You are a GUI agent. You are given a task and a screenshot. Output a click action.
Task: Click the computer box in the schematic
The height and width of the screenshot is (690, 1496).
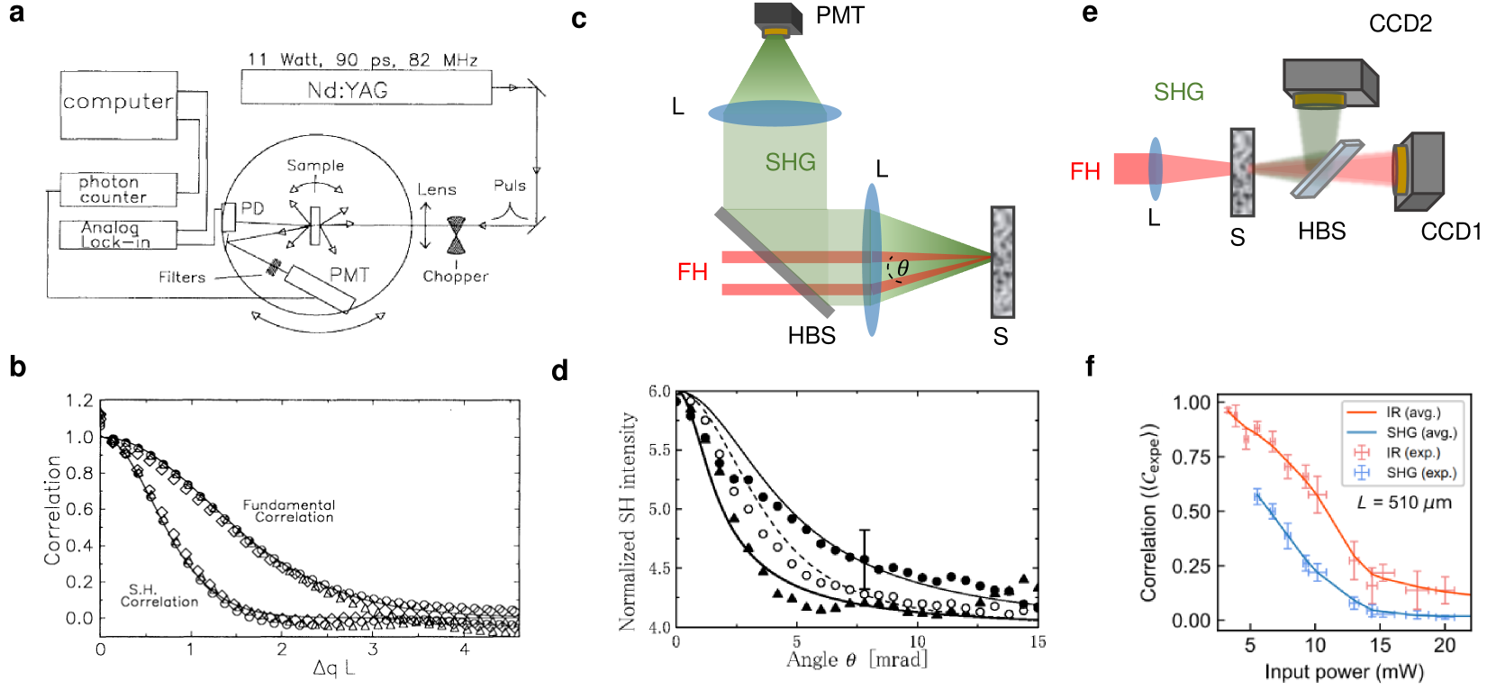pyautogui.click(x=118, y=104)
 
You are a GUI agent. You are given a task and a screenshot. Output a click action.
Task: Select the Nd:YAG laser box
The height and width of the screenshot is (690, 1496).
pyautogui.click(x=366, y=88)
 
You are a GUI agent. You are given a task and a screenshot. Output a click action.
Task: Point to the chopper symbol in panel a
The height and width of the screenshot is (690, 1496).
pyautogui.click(x=457, y=235)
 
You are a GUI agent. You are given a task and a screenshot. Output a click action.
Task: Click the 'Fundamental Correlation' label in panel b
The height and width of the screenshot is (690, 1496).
pyautogui.click(x=289, y=511)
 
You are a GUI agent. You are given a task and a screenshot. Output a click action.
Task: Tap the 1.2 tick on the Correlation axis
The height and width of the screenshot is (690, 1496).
pyautogui.click(x=79, y=401)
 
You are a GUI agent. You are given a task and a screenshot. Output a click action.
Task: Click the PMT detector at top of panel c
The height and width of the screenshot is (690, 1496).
pyautogui.click(x=777, y=20)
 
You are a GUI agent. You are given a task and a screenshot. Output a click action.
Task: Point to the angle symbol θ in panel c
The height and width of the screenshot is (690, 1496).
pyautogui.click(x=902, y=268)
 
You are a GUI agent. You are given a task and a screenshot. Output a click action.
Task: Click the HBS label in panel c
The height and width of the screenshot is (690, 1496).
pyautogui.click(x=811, y=336)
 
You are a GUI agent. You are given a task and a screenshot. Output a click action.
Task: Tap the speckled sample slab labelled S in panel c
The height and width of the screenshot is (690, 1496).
pyautogui.click(x=1002, y=262)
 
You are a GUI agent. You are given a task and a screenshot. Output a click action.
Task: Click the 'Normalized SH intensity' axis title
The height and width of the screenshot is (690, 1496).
pyautogui.click(x=628, y=522)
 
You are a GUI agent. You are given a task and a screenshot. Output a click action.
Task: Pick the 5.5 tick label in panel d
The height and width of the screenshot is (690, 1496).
pyautogui.click(x=659, y=450)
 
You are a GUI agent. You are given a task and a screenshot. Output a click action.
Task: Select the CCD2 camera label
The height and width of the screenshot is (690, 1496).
pyautogui.click(x=1400, y=23)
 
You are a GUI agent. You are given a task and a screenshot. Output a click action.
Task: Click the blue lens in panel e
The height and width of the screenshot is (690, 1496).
pyautogui.click(x=1155, y=168)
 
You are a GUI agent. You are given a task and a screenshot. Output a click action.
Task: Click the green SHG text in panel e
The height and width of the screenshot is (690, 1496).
pyautogui.click(x=1178, y=92)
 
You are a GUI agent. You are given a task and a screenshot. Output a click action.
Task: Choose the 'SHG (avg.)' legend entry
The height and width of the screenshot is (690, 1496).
pyautogui.click(x=1420, y=433)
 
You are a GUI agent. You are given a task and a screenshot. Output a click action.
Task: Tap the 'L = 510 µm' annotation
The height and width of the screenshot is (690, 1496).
pyautogui.click(x=1404, y=503)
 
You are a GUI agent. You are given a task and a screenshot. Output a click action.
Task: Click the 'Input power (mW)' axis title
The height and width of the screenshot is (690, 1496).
pyautogui.click(x=1344, y=672)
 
